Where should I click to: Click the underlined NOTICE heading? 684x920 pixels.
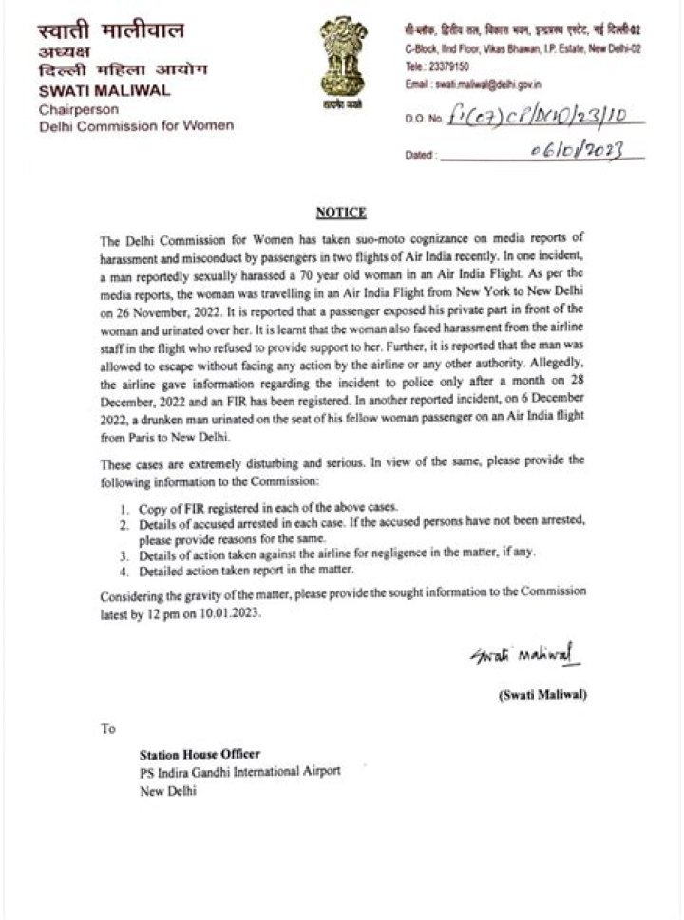[x=341, y=213]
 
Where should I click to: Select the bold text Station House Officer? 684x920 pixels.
[x=199, y=754]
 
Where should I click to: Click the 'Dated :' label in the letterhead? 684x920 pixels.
[x=421, y=155]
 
